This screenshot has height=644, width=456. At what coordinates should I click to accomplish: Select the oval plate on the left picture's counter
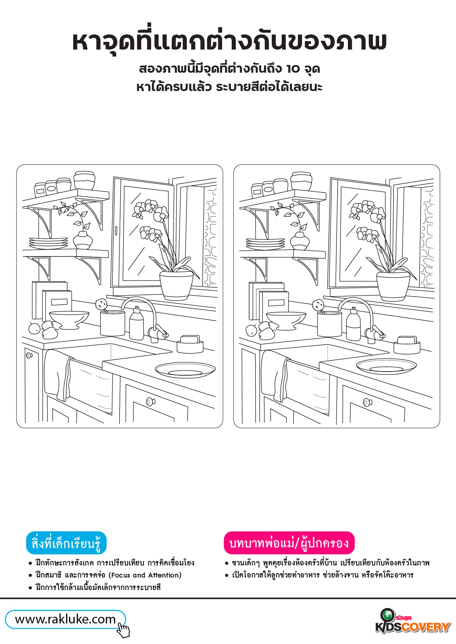click(x=185, y=370)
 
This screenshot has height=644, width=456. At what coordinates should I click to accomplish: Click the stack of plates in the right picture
click(x=265, y=244)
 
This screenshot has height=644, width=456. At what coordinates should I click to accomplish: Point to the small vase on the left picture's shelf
click(x=83, y=240)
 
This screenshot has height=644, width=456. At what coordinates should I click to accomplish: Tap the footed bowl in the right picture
click(x=286, y=321)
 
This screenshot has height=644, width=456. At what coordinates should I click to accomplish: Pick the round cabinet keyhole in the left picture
click(x=29, y=355)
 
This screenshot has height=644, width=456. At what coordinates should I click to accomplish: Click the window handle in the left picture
click(x=115, y=231)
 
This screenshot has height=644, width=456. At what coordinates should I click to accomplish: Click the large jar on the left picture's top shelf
click(x=84, y=180)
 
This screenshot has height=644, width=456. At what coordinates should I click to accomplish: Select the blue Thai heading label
click(x=66, y=543)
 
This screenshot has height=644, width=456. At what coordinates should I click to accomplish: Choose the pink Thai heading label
click(x=289, y=543)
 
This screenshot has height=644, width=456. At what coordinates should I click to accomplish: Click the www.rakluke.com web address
click(x=65, y=619)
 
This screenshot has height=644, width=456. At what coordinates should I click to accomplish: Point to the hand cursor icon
click(x=124, y=629)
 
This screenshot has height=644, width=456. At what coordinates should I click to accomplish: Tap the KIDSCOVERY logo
click(x=413, y=622)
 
